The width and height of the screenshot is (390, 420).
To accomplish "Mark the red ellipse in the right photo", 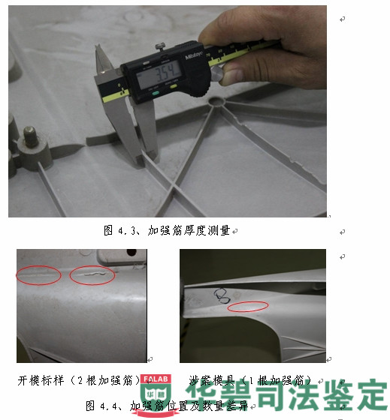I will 247,307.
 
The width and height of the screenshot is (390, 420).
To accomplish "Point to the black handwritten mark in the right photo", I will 221,294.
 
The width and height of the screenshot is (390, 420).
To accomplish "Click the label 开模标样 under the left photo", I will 45,380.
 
